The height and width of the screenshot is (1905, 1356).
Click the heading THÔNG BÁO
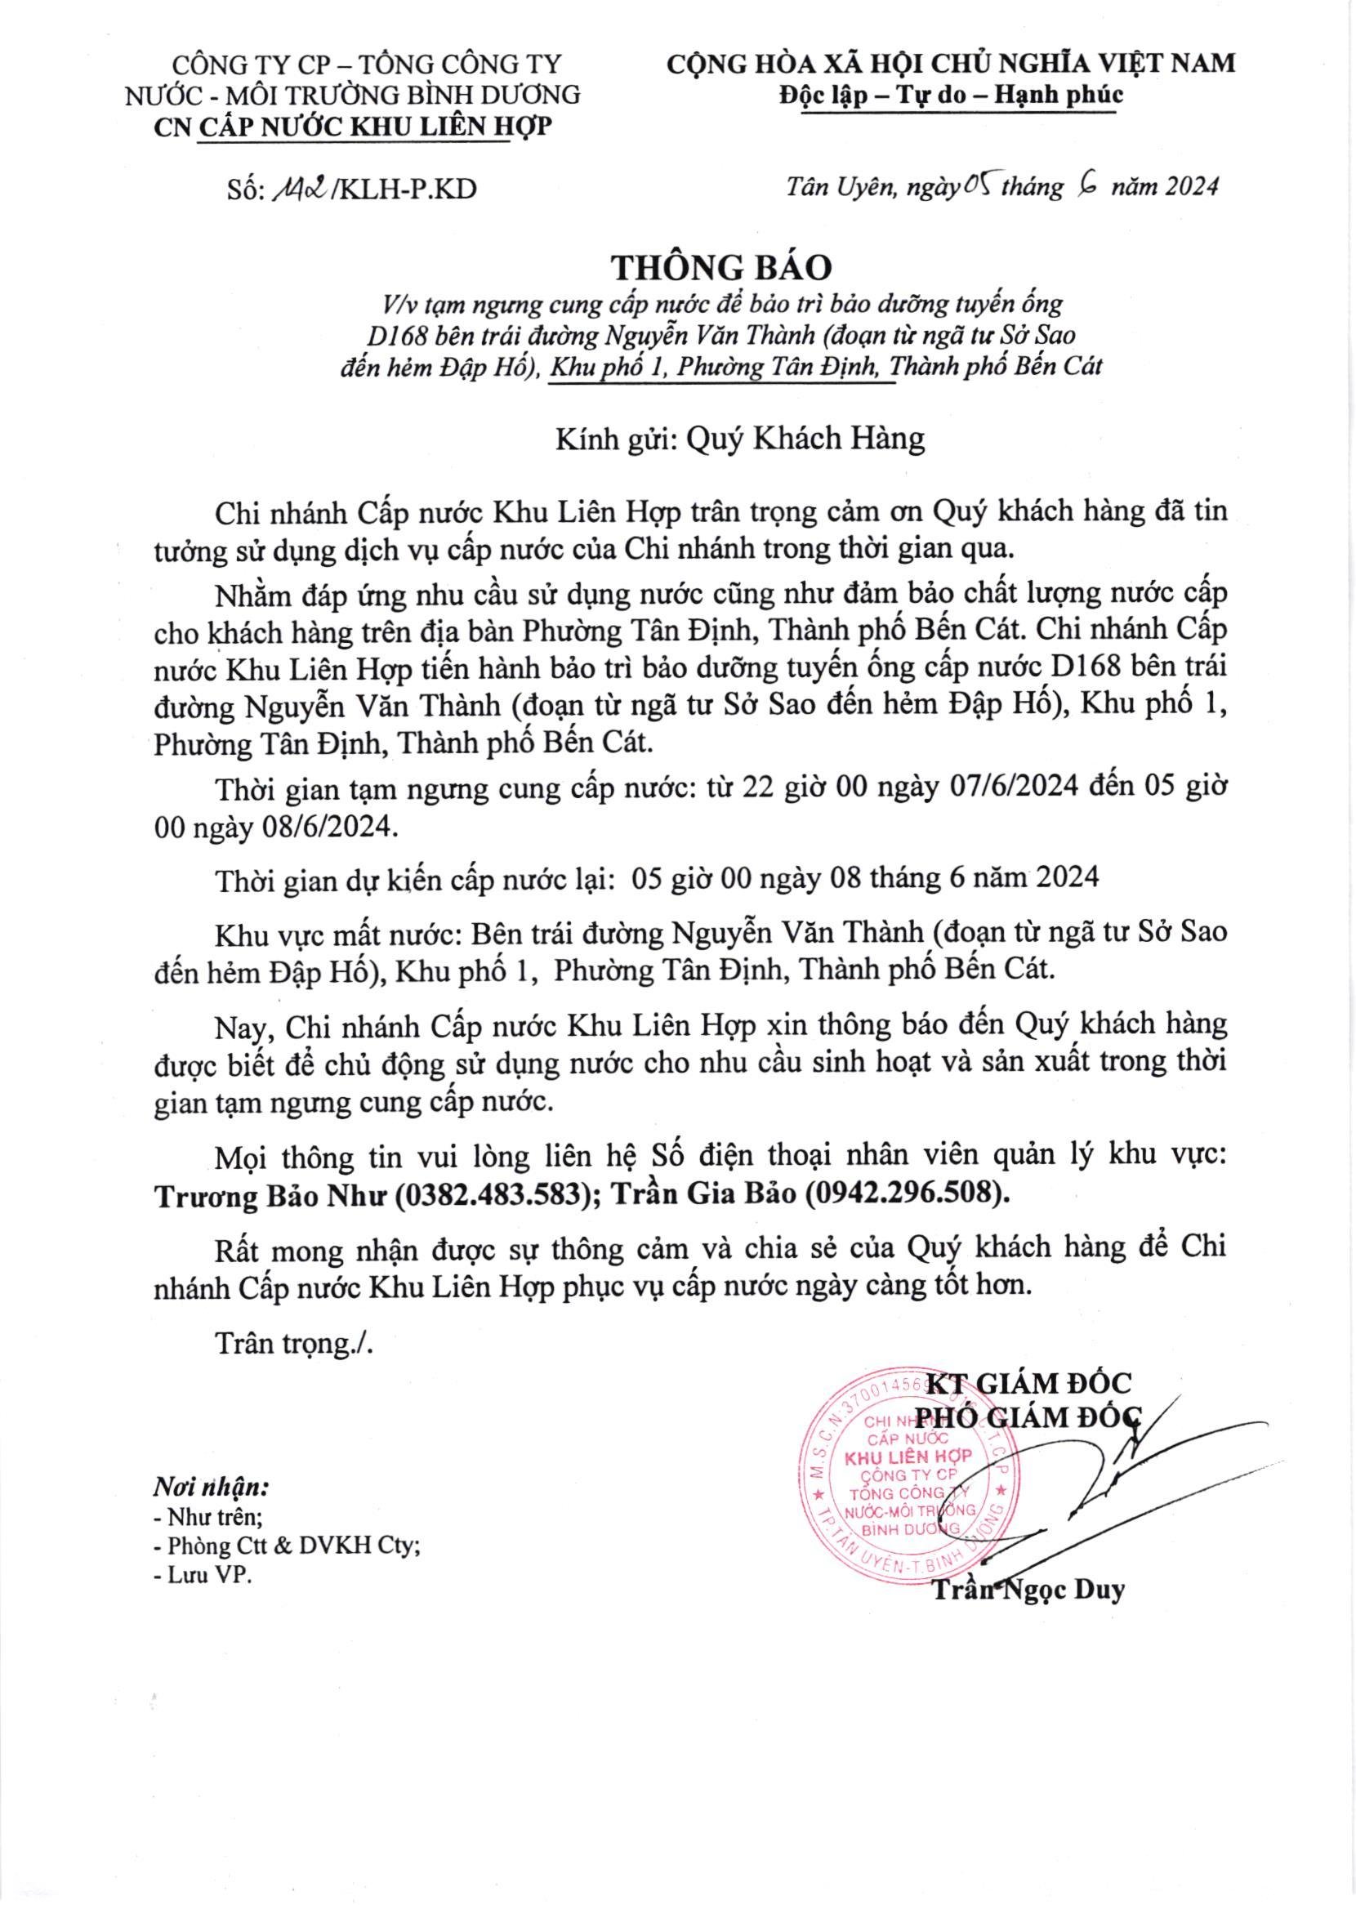(x=723, y=266)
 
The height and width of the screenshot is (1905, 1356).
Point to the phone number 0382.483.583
(x=490, y=1195)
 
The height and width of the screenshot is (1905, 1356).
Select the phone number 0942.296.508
(x=903, y=1195)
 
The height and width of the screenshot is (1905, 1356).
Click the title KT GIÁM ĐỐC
(x=1030, y=1383)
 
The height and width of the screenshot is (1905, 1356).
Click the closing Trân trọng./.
(x=295, y=1343)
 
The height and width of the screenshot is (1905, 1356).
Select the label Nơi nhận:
(x=211, y=1487)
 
